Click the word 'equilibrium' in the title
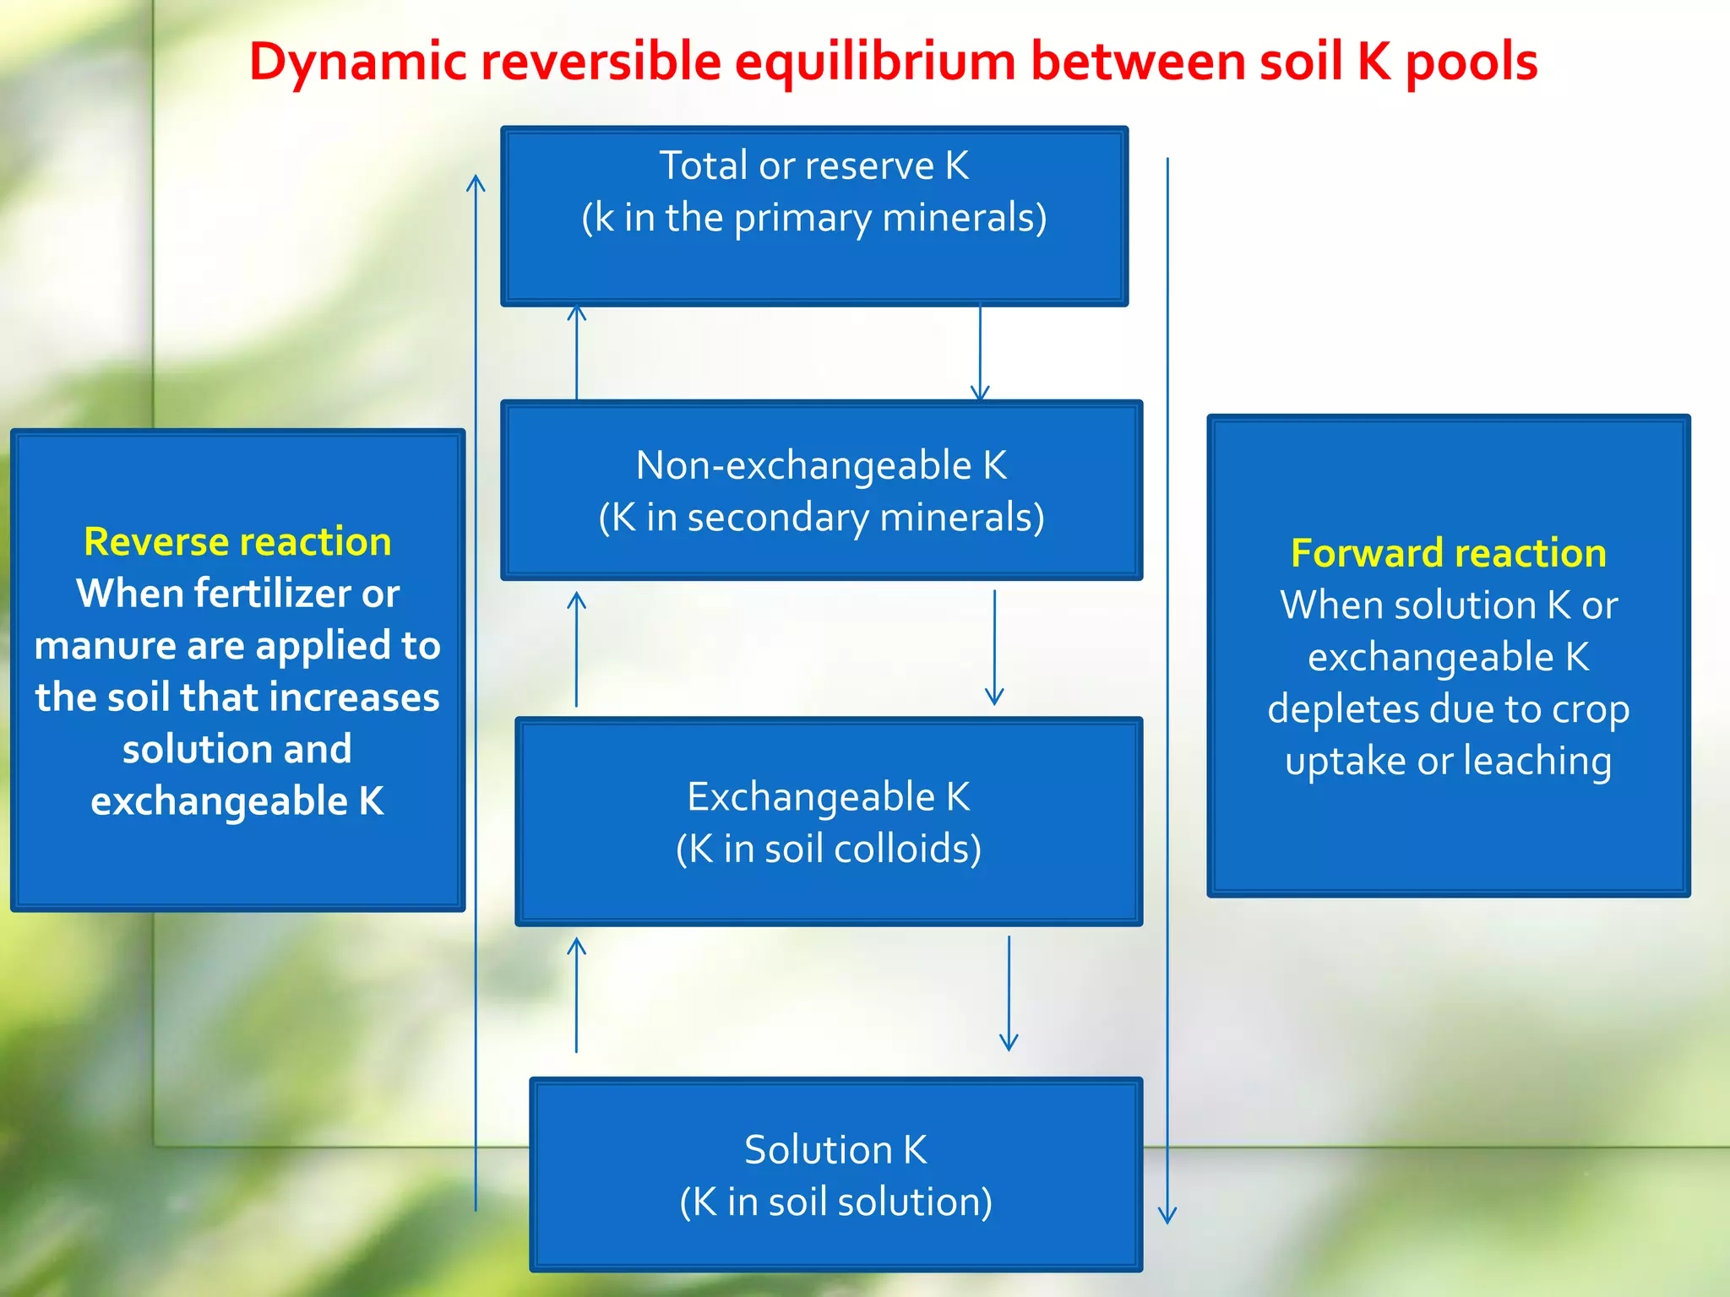coord(874,62)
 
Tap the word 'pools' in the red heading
coord(1471,62)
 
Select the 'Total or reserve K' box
coord(814,216)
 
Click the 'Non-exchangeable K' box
coord(821,491)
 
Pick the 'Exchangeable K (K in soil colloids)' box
coord(829,822)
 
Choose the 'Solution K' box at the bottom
coord(835,1175)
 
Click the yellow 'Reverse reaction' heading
coord(237,541)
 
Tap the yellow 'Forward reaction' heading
coord(1448,553)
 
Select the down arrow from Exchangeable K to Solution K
coord(1009,993)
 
